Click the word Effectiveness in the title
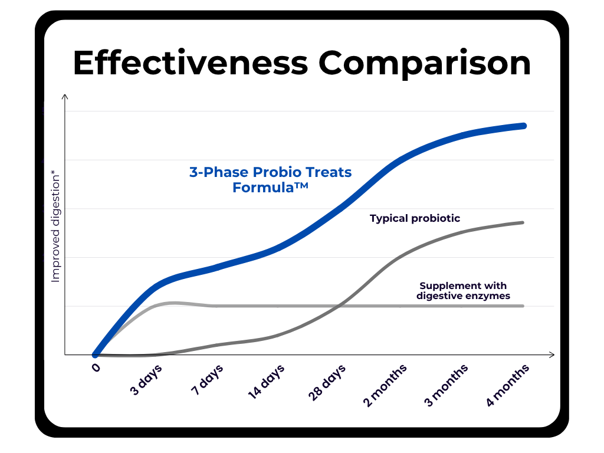point(190,63)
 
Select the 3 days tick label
point(146,380)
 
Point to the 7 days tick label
point(207,380)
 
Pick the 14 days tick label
point(266,382)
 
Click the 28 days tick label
point(327,382)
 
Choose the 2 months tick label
point(385,386)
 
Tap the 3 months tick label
point(447,386)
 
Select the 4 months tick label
point(508,386)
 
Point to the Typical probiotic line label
point(415,218)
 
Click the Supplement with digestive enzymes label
point(463,291)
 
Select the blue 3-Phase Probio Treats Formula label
point(270,180)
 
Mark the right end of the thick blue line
point(523,126)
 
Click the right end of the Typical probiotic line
point(523,222)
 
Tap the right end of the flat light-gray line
point(523,306)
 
